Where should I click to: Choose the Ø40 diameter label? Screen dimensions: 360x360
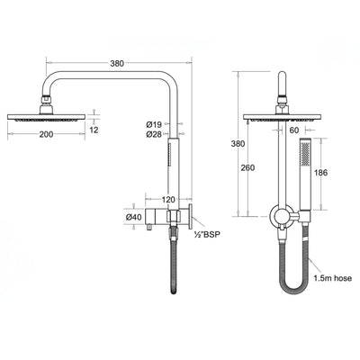pos(133,217)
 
